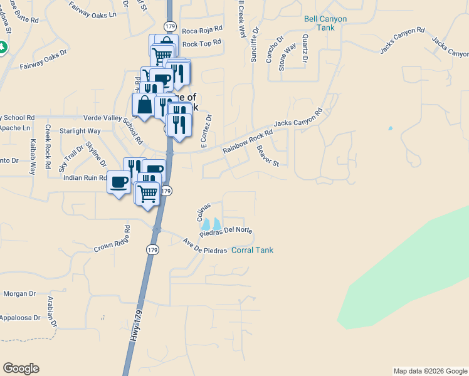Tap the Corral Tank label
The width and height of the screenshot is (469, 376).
(252, 250)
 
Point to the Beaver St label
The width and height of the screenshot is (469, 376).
(268, 156)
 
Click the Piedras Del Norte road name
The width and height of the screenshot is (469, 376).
(226, 231)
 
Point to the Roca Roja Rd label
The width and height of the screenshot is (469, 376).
(202, 29)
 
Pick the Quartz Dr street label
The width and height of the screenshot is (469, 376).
(304, 48)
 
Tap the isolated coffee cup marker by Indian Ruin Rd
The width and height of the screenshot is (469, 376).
(119, 182)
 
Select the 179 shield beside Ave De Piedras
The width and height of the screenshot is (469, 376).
(152, 249)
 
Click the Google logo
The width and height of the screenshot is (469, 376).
(21, 368)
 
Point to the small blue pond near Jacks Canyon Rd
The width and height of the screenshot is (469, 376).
(390, 128)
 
